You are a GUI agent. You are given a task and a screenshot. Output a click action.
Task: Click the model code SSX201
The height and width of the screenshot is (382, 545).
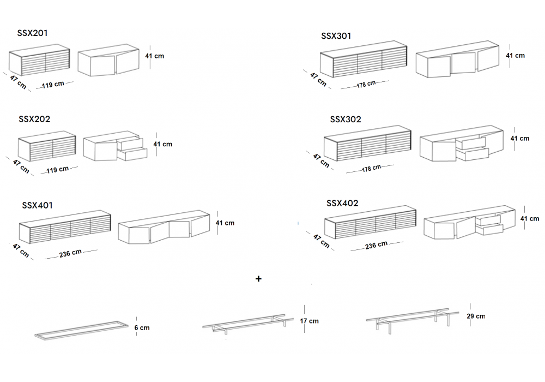(x=32, y=33)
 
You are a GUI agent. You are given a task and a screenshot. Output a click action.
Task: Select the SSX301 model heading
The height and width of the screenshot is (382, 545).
(x=336, y=36)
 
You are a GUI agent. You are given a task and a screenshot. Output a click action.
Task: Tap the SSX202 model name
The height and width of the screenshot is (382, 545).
(x=34, y=119)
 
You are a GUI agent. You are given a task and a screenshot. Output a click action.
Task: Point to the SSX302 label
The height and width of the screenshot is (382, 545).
(x=346, y=120)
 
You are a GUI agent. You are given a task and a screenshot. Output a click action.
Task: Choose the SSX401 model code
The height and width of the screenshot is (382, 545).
(x=37, y=205)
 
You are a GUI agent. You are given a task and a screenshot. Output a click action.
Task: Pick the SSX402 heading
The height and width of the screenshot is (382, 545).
(x=342, y=203)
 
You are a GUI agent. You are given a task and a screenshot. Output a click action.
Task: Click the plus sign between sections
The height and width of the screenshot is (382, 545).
(x=258, y=279)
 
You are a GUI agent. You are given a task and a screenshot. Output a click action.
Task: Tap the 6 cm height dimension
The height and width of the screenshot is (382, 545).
(x=142, y=328)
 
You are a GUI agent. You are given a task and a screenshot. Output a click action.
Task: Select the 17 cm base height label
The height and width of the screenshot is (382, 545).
(x=310, y=321)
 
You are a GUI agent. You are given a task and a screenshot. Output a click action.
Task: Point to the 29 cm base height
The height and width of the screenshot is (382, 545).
(x=476, y=317)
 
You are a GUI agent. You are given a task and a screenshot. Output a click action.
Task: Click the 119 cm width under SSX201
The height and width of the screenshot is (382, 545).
(x=53, y=85)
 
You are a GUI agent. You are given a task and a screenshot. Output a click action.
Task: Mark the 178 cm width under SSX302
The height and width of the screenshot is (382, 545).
(x=371, y=169)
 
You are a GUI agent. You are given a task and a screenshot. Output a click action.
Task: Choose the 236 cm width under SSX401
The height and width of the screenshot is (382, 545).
(x=70, y=253)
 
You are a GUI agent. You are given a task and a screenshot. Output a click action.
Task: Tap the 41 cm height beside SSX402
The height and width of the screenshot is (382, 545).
(x=530, y=218)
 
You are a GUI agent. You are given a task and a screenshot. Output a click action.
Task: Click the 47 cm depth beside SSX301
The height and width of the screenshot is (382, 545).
(x=318, y=80)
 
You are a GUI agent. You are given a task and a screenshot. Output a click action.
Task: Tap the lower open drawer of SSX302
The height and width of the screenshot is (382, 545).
(x=473, y=154)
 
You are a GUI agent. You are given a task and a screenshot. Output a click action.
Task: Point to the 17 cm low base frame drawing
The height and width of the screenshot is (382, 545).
(x=248, y=324)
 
